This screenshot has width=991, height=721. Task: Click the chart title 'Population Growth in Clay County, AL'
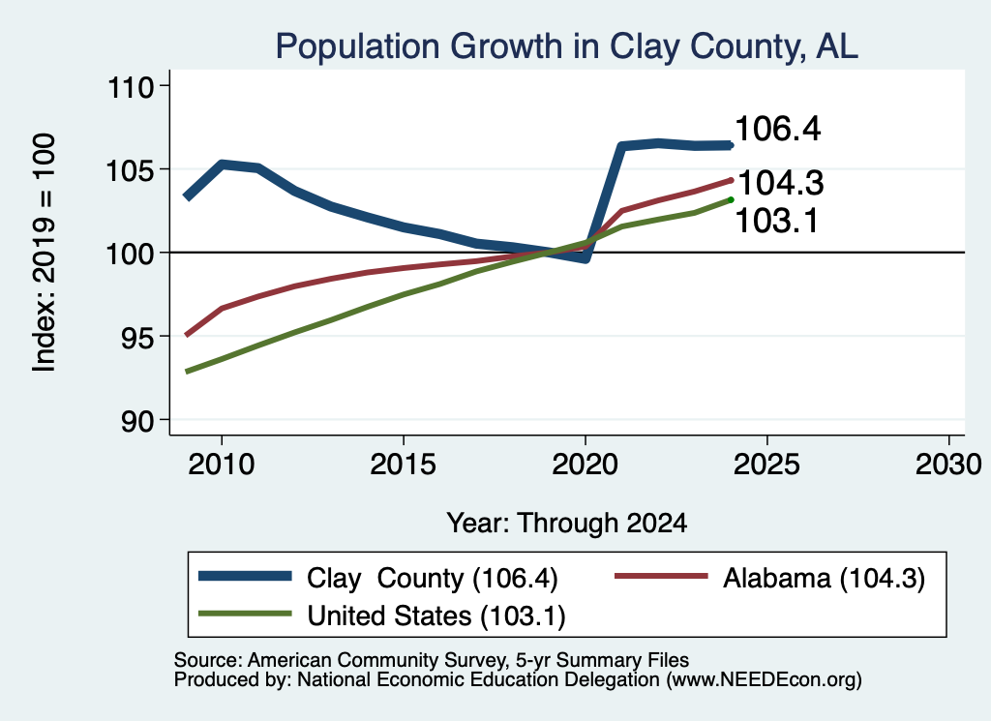pos(566,46)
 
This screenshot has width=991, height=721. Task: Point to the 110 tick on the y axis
pos(132,86)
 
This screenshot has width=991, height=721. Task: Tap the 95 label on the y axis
pos(137,337)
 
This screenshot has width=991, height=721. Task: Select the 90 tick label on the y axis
pos(137,421)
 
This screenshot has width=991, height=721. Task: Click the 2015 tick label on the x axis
pos(404,465)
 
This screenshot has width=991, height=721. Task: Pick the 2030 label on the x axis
pos(948,465)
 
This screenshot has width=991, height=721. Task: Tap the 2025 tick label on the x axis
pos(766,465)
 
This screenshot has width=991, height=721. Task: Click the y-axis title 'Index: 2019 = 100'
pos(44,253)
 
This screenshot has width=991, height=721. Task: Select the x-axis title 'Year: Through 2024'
pos(567,524)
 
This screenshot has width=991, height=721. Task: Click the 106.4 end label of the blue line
pos(778,129)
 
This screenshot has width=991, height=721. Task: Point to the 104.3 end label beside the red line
pos(781,183)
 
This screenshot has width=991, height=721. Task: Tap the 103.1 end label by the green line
pos(777,222)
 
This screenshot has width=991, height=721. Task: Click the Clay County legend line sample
pos(245,576)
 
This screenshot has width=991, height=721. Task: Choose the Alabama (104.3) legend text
pos(825,578)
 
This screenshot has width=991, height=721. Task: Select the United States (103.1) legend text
pos(436,616)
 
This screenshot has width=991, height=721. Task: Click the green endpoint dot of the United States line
pos(731,200)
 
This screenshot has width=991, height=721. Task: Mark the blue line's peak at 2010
pos(222,165)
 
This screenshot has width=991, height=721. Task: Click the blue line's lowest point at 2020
pos(586,257)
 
